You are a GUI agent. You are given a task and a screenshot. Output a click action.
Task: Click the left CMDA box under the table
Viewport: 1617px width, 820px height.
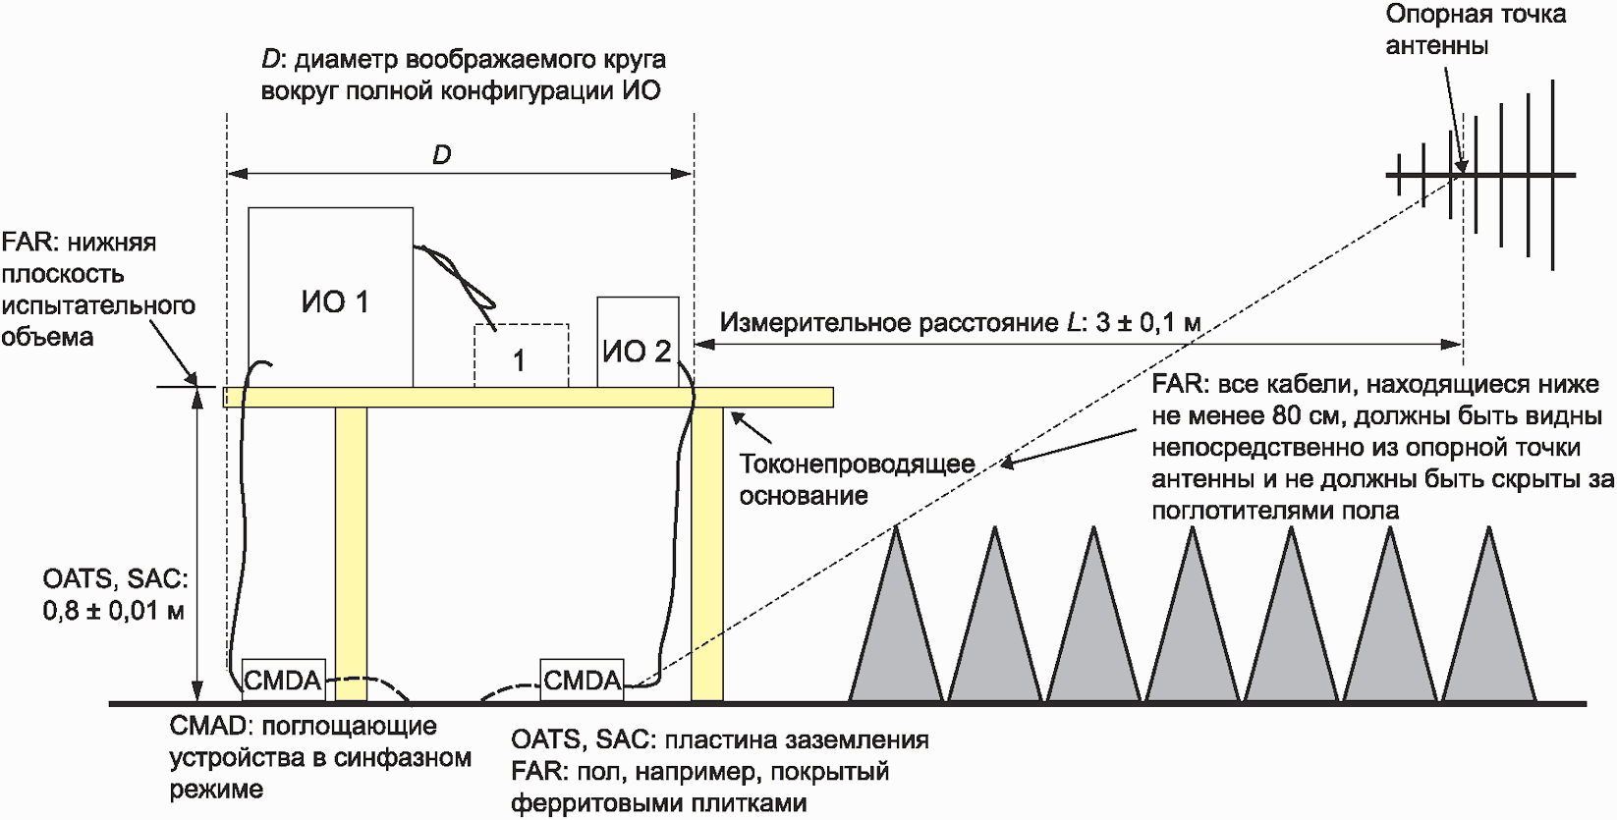click(x=283, y=680)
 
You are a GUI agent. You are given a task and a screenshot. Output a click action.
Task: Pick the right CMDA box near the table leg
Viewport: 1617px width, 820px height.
click(x=582, y=680)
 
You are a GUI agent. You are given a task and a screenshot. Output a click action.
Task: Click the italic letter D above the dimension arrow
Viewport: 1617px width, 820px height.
click(x=442, y=155)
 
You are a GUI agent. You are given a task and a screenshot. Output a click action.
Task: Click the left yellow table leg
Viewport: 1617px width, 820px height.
click(x=351, y=550)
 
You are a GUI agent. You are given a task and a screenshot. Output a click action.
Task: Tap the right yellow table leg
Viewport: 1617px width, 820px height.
click(x=707, y=550)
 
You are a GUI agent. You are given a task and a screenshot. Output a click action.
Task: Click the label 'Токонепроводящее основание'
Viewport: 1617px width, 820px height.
click(x=857, y=479)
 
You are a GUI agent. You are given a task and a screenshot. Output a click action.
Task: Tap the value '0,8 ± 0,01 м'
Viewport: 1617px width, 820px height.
click(x=114, y=611)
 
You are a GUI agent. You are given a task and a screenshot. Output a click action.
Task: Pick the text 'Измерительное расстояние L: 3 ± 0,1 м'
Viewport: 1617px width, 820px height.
click(x=960, y=322)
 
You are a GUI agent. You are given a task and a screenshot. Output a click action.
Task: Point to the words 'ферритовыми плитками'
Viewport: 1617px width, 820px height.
click(x=658, y=802)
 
